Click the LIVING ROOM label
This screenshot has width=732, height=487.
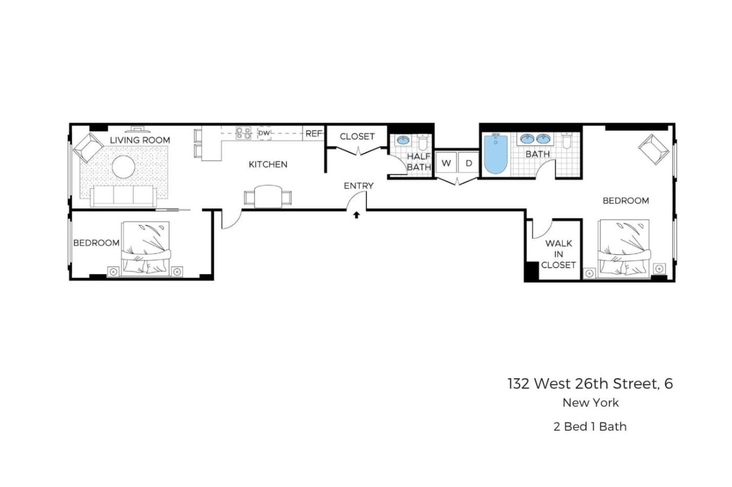[140, 140]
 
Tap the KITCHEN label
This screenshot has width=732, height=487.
[268, 164]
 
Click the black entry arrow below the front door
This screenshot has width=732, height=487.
[357, 215]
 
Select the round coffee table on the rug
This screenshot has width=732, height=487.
[123, 167]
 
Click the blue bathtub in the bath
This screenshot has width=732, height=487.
[496, 154]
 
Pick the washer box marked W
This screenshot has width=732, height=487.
[446, 163]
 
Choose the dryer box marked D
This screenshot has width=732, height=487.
[468, 163]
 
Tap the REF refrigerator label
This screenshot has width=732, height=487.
[314, 134]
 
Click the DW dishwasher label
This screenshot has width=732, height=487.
[264, 133]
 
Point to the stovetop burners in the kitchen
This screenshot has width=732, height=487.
[244, 133]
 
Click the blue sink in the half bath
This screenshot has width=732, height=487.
[403, 140]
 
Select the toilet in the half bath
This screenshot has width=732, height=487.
[423, 142]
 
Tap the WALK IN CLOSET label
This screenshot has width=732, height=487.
[558, 254]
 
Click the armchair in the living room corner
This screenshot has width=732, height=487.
[88, 148]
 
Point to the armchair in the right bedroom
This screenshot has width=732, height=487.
[654, 149]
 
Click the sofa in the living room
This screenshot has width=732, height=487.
[123, 196]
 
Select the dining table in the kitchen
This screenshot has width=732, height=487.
[268, 196]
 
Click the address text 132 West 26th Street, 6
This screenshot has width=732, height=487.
[590, 384]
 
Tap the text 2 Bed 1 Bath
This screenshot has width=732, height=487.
[590, 426]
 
